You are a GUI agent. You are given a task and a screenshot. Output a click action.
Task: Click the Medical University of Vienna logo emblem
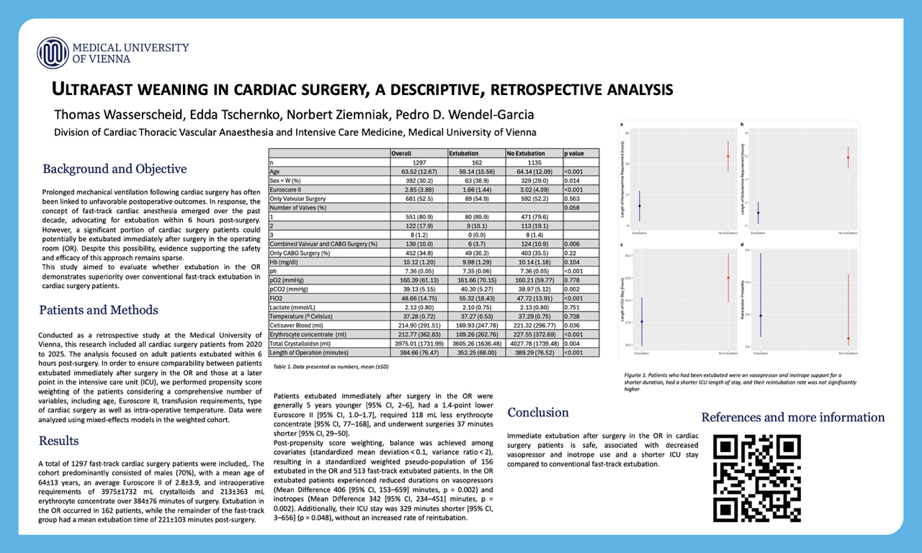[x=53, y=53]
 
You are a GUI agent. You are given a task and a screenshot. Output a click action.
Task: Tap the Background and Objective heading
[x=115, y=169]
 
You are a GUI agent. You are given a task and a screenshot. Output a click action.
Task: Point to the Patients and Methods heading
[x=98, y=310]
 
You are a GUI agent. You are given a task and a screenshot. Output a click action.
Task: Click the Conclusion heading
[x=537, y=413]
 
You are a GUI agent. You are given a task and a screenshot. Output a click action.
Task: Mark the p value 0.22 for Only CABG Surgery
[x=570, y=253]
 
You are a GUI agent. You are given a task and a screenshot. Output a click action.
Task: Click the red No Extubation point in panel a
[x=728, y=156]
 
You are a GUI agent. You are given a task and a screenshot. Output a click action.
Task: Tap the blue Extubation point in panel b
[x=758, y=213]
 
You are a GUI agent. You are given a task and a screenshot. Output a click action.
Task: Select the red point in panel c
[x=728, y=278]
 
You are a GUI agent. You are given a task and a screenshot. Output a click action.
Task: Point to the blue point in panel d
[x=761, y=316]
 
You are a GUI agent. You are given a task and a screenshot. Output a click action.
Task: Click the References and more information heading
[x=792, y=418]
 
